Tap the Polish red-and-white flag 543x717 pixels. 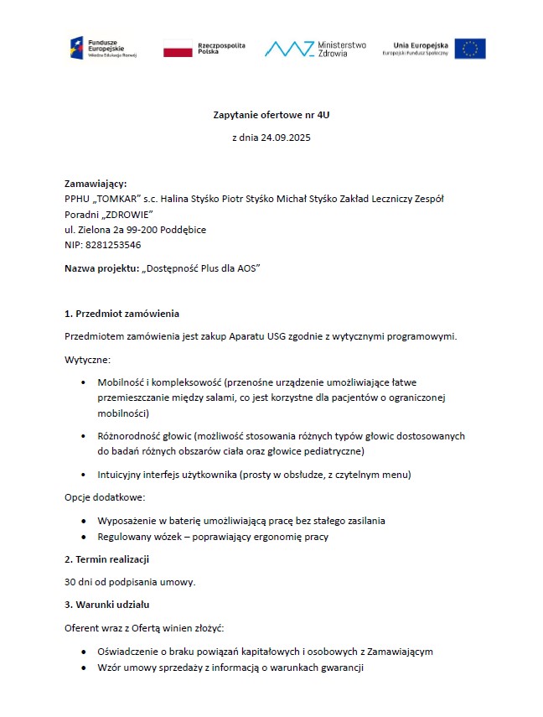(178, 49)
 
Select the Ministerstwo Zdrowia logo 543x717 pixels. (315, 49)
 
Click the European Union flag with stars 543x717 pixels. (470, 49)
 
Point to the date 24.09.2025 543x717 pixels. (287, 137)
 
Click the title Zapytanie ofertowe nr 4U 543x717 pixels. (271, 113)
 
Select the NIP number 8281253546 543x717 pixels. (113, 245)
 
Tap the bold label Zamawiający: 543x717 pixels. (96, 183)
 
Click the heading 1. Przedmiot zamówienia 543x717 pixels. (122, 314)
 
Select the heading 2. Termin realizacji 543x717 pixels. (106, 559)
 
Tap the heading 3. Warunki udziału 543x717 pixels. (106, 605)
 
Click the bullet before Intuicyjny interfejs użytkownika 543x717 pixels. (85, 475)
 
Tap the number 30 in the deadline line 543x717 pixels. (70, 582)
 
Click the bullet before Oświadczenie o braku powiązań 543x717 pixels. (85, 652)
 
